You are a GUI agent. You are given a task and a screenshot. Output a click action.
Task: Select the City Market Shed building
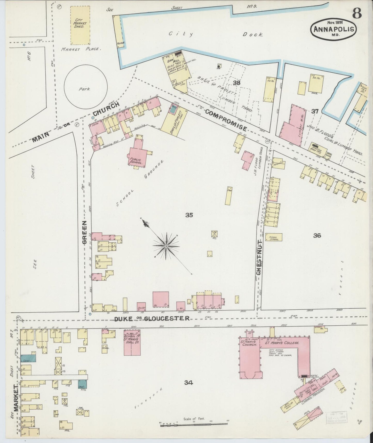pyautogui.click(x=80, y=25)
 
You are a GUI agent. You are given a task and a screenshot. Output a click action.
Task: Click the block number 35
pyautogui.click(x=189, y=215)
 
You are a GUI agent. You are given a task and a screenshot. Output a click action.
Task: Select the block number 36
pyautogui.click(x=317, y=235)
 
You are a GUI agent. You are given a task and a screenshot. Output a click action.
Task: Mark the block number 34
pyautogui.click(x=189, y=383)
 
